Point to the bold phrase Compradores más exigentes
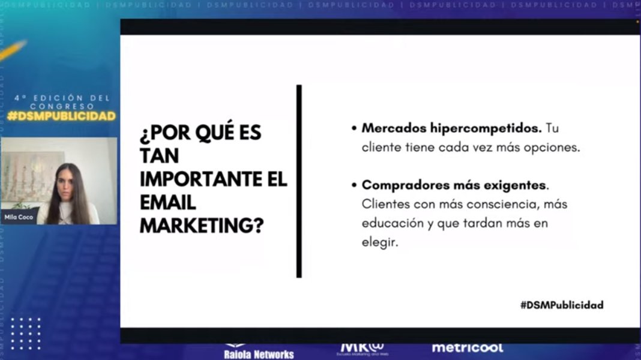click(x=455, y=185)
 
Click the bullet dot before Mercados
click(x=354, y=129)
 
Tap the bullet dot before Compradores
click(x=354, y=185)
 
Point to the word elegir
click(x=380, y=242)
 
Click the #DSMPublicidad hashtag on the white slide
click(x=562, y=305)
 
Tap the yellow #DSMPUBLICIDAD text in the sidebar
click(x=61, y=116)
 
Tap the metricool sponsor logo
click(x=467, y=348)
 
